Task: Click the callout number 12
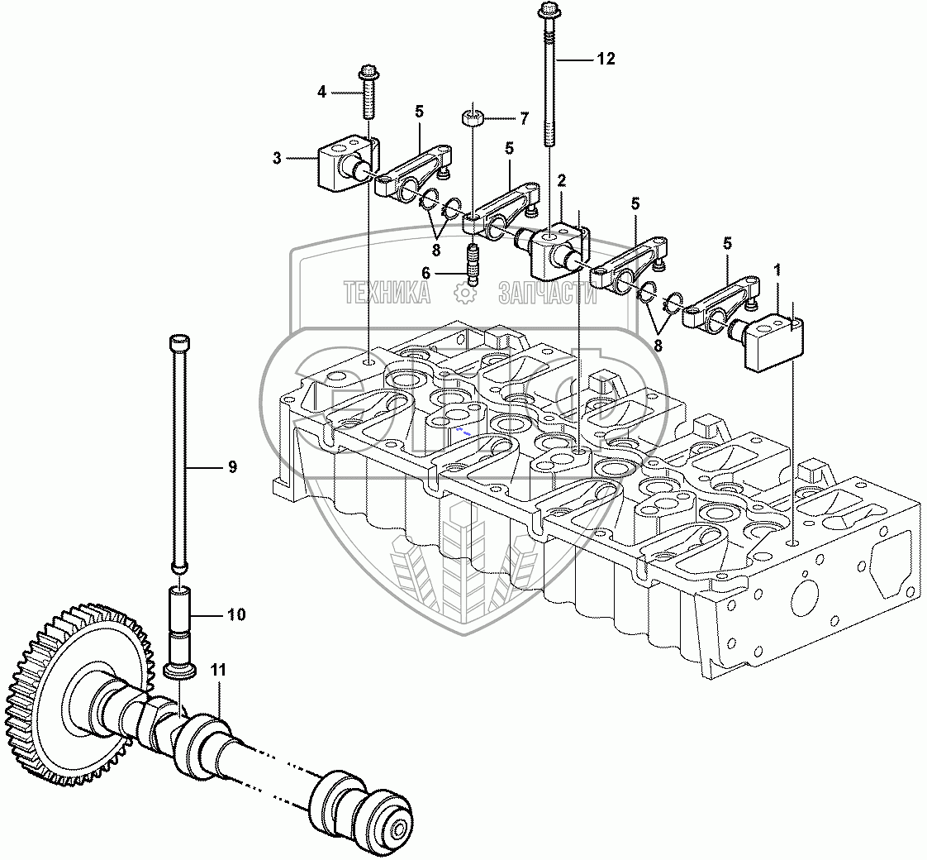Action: pyautogui.click(x=606, y=59)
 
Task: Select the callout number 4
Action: pyautogui.click(x=322, y=92)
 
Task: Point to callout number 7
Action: pyautogui.click(x=523, y=119)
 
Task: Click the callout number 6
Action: pyautogui.click(x=449, y=272)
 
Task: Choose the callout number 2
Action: pyautogui.click(x=561, y=179)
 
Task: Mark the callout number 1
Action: pyautogui.click(x=776, y=270)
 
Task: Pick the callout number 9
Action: pyautogui.click(x=232, y=467)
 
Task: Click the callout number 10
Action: pyautogui.click(x=236, y=614)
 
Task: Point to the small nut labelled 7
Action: pyautogui.click(x=472, y=118)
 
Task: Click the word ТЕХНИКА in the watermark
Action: pyautogui.click(x=387, y=292)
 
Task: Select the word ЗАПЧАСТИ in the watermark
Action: pyautogui.click(x=547, y=292)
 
